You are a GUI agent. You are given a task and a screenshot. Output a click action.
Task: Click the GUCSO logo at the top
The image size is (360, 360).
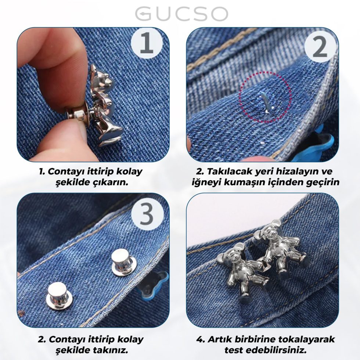(181, 14)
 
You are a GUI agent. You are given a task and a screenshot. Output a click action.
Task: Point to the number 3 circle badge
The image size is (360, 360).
(147, 213)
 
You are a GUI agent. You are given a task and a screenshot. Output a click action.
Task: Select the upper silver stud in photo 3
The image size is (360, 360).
(124, 262)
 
